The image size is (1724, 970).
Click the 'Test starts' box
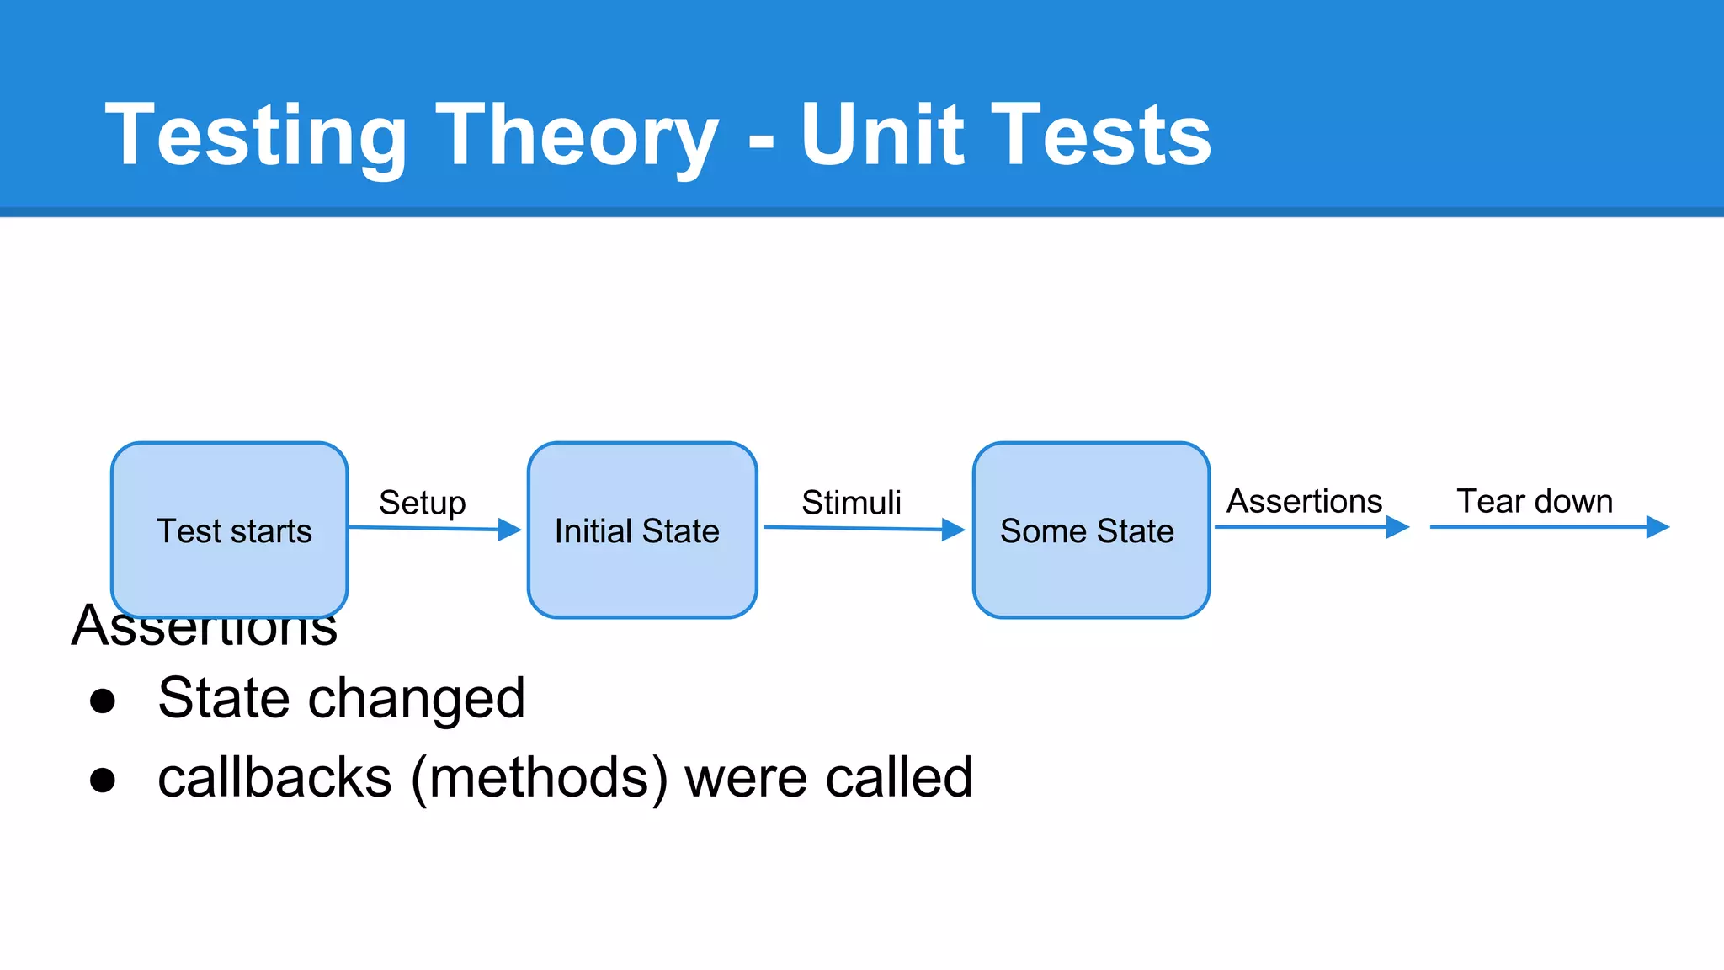click(x=230, y=530)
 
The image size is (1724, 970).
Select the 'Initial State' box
click(x=642, y=530)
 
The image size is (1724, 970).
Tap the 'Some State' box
click(x=1091, y=530)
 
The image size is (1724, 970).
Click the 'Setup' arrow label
click(x=423, y=503)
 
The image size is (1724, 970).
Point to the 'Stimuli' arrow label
click(x=851, y=503)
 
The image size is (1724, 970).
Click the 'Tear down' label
click(x=1535, y=501)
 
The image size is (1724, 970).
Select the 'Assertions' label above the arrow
click(x=1304, y=501)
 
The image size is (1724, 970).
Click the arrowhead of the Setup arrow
click(x=509, y=530)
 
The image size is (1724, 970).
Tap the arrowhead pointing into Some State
click(x=953, y=530)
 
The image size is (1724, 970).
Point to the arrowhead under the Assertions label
click(x=1397, y=527)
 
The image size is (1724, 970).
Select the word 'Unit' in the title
click(x=882, y=135)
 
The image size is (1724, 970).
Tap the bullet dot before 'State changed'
click(x=103, y=701)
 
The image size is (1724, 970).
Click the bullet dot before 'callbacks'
click(x=103, y=780)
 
